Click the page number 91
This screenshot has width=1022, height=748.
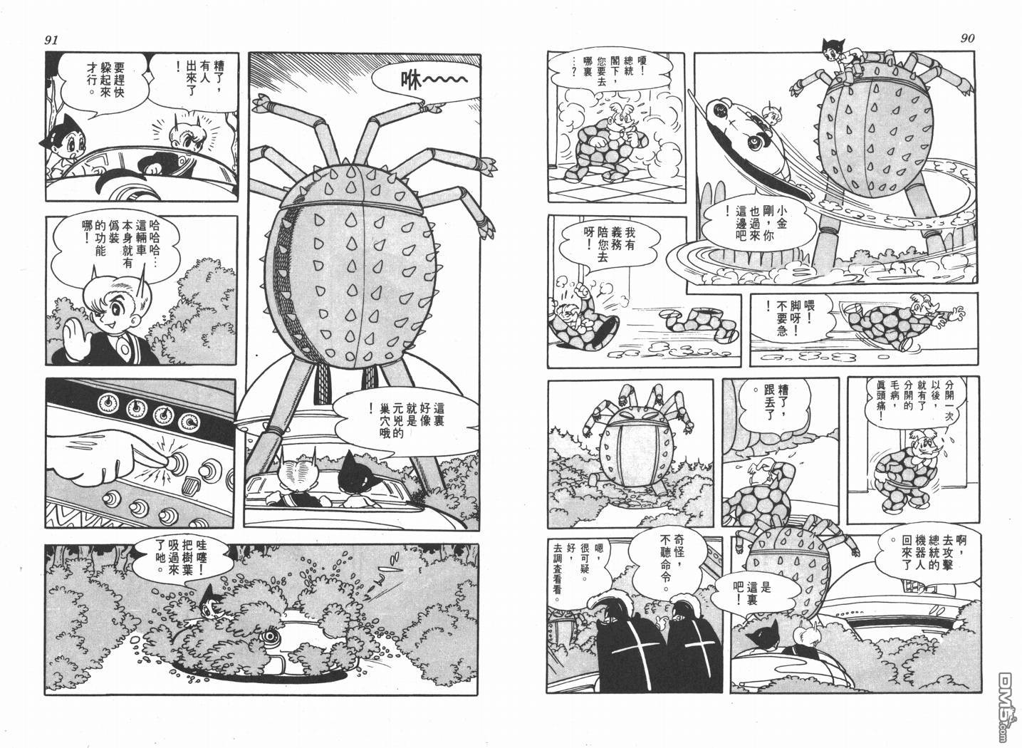point(51,40)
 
